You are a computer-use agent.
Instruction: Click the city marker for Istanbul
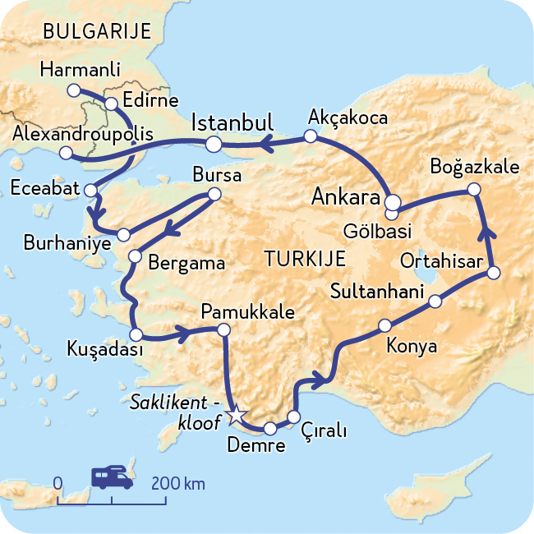214,145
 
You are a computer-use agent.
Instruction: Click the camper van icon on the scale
112,477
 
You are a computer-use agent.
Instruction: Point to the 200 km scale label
177,483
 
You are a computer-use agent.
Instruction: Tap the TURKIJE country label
304,259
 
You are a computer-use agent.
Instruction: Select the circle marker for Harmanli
73,89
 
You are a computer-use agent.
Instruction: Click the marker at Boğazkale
474,190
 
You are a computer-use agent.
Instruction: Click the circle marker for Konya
384,325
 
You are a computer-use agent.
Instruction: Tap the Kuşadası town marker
136,334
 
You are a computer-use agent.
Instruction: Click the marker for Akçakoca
310,137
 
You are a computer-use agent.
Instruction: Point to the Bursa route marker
214,195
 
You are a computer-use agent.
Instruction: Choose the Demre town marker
269,428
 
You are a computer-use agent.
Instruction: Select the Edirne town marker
112,104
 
